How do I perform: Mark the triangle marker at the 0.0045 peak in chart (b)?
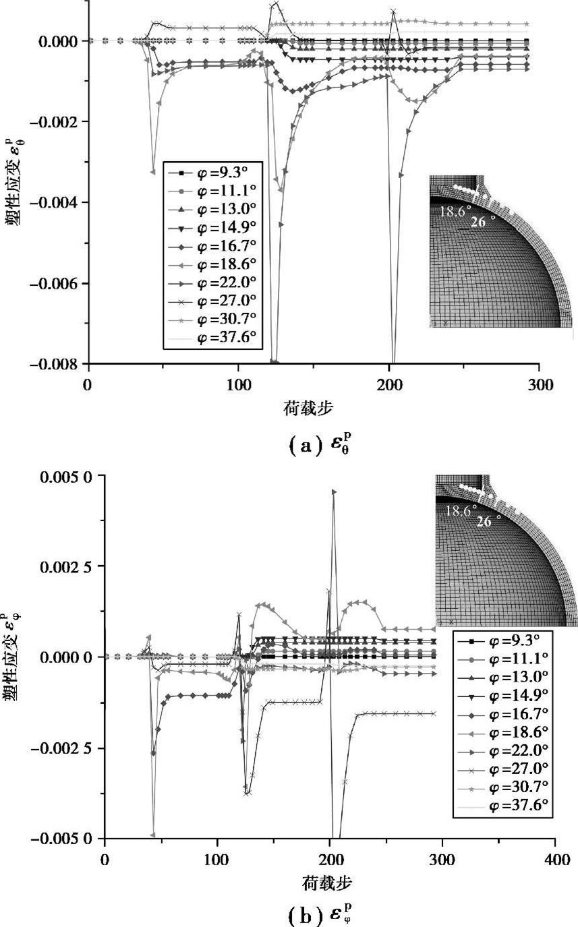(x=334, y=492)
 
